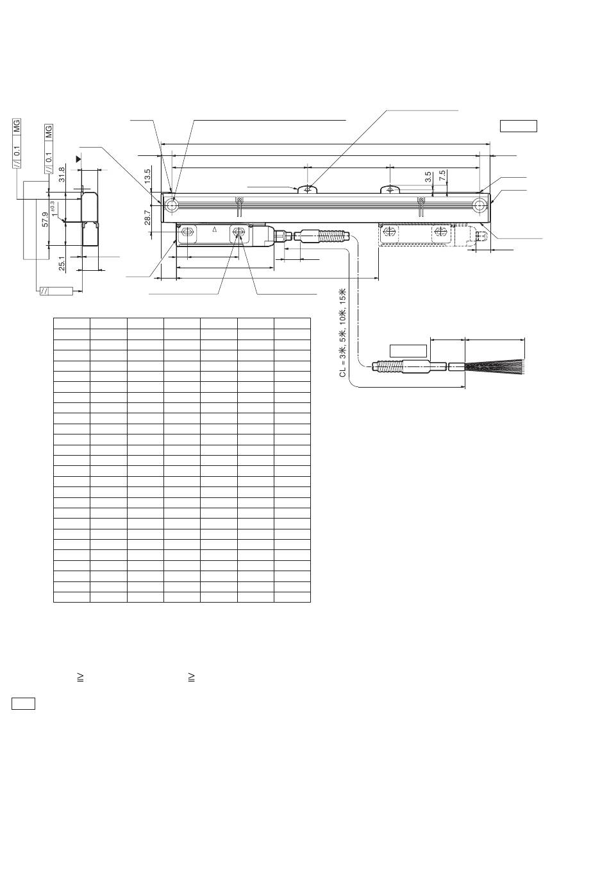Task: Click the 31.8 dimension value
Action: point(61,174)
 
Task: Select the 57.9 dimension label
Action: point(46,219)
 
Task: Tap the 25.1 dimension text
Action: point(62,264)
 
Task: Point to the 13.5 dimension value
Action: point(147,176)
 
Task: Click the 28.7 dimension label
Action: point(147,218)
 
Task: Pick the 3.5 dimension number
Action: point(428,177)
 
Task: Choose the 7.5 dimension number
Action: point(442,175)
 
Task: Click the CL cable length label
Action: point(342,332)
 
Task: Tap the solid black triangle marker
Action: point(79,159)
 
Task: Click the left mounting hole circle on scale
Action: point(172,205)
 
